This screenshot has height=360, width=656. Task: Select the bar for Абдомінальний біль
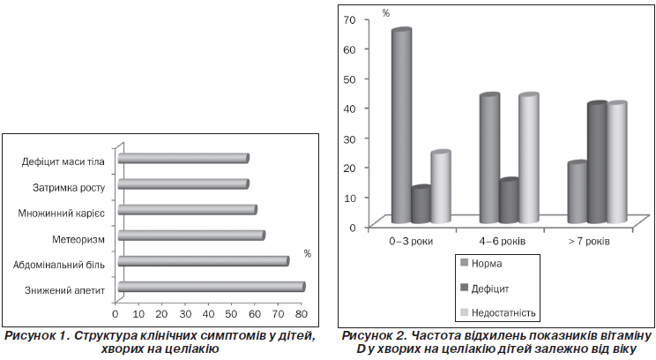(x=203, y=260)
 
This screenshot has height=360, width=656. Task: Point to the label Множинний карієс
(x=61, y=213)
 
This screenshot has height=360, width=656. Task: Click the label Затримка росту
(x=69, y=187)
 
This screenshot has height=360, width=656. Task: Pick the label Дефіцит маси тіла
(x=64, y=161)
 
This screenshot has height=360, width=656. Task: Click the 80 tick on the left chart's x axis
(x=302, y=313)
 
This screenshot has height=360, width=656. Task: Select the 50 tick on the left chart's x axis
(x=232, y=313)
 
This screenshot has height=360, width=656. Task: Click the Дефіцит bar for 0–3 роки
(x=421, y=205)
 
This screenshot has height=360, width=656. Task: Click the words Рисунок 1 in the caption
(x=39, y=336)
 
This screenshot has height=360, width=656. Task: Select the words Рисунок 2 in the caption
(x=375, y=336)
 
